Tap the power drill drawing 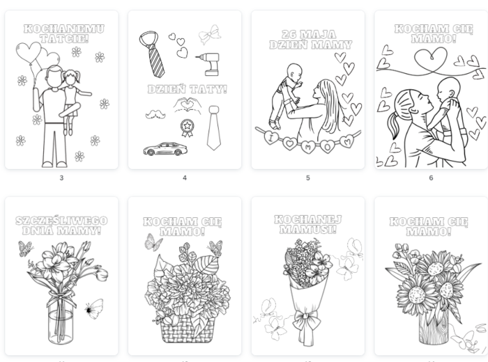coord(209,64)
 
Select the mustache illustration coord(155,114)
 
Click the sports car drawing coord(165,149)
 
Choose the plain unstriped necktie coord(214,127)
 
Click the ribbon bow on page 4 coord(210,35)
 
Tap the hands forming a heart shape coord(188,105)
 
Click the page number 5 coord(308,178)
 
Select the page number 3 coord(61,178)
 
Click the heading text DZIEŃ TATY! coord(187,90)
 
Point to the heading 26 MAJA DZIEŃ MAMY coord(310,40)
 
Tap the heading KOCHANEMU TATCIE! coord(64,33)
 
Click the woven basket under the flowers coord(188,330)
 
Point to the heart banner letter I coord(270,138)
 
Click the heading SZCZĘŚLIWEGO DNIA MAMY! coord(61,226)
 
